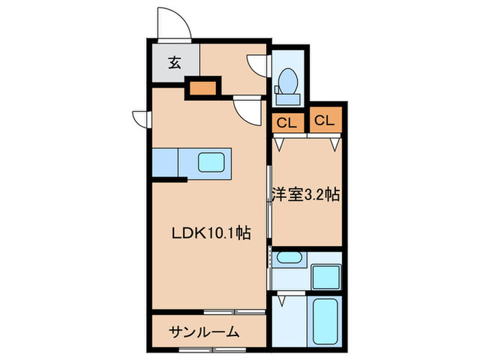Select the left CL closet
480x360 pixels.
pyautogui.click(x=288, y=123)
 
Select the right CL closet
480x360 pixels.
pyautogui.click(x=324, y=122)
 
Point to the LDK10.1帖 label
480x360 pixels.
pyautogui.click(x=210, y=233)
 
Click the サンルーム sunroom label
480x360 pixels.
pyautogui.click(x=205, y=333)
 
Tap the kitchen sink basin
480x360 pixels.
pyautogui.click(x=211, y=164)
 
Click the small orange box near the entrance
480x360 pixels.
pyautogui.click(x=202, y=88)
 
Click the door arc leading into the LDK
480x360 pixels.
pyautogui.click(x=247, y=108)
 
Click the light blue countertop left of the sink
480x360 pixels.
pyautogui.click(x=165, y=164)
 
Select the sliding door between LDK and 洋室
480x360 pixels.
pyautogui.click(x=268, y=206)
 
